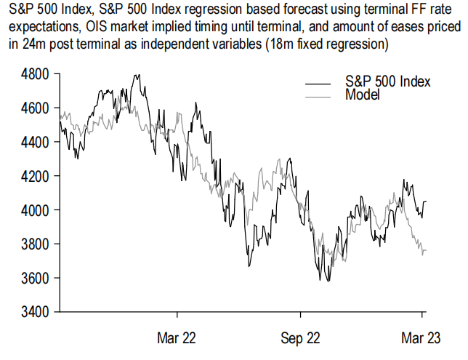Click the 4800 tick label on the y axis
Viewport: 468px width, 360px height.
[34, 74]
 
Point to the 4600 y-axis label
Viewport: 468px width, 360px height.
[34, 108]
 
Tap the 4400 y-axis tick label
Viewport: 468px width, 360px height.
[34, 142]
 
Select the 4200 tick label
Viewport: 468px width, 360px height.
[34, 176]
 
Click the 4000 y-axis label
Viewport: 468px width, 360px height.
[34, 210]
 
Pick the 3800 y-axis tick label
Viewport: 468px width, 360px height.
[34, 244]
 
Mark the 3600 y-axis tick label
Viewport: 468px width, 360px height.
[34, 278]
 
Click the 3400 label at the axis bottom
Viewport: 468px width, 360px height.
[34, 312]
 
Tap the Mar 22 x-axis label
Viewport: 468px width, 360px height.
[177, 337]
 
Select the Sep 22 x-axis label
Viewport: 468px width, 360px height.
[300, 337]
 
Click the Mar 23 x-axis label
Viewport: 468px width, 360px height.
[422, 337]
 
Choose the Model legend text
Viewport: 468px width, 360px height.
[363, 95]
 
